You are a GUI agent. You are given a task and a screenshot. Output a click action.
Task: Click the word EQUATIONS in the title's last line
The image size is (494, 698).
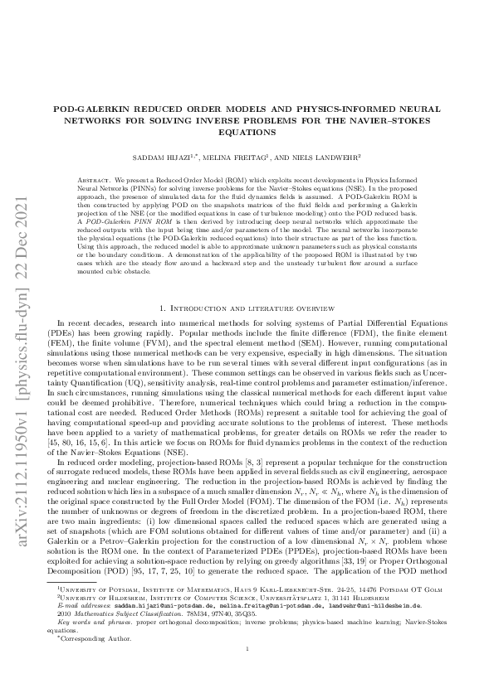247,131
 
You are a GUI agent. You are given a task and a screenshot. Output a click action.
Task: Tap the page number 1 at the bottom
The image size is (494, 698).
247,673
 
